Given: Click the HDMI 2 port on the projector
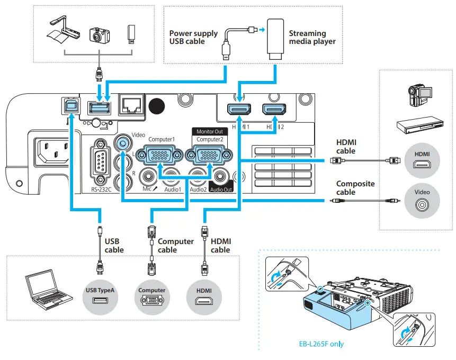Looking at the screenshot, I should (x=274, y=110).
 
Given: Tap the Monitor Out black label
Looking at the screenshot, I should (x=209, y=131).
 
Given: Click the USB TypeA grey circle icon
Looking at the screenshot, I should (x=99, y=295).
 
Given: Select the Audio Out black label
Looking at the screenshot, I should (x=220, y=189).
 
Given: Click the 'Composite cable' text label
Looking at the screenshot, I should (x=355, y=188).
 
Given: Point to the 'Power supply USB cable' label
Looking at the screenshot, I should (x=193, y=37).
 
